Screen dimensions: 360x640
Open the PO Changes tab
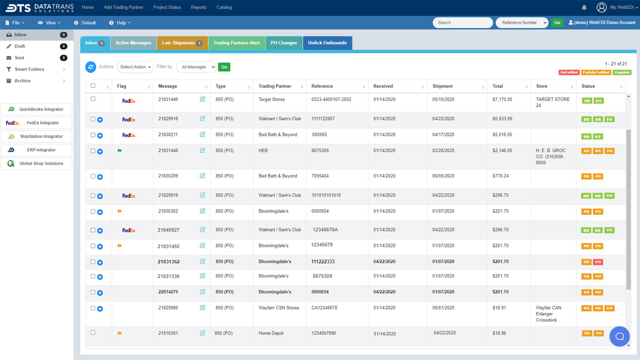click(284, 43)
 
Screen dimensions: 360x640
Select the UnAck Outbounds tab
click(327, 43)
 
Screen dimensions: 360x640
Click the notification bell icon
click(584, 7)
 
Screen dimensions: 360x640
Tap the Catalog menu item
click(224, 7)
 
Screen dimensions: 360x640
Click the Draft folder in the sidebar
click(20, 46)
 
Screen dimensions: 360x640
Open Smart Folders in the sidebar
click(29, 69)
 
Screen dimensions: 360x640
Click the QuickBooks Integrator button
click(36, 109)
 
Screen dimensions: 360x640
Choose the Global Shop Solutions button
click(36, 163)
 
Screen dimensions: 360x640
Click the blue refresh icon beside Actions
click(90, 66)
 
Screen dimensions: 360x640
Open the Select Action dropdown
click(135, 67)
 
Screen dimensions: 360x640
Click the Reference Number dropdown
click(522, 22)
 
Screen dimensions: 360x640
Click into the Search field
click(462, 22)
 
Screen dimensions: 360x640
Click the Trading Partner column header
click(275, 86)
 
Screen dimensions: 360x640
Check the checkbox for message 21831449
click(93, 99)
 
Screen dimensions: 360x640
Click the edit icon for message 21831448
click(202, 150)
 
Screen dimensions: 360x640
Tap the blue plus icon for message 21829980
click(100, 309)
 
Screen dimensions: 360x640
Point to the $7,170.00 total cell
click(502, 99)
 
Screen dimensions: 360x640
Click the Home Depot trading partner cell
click(271, 333)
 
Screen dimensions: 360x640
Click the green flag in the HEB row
click(119, 150)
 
